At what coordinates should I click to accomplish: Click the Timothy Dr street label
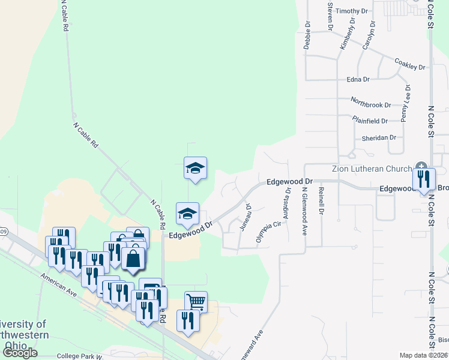(x=351, y=11)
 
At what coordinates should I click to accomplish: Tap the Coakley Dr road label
(x=409, y=64)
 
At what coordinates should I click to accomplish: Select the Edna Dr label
(x=358, y=79)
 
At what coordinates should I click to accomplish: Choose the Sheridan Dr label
(x=379, y=137)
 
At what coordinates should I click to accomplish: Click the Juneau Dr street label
(x=244, y=217)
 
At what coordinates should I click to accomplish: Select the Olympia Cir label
(x=268, y=232)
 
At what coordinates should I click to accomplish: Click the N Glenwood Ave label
(x=304, y=211)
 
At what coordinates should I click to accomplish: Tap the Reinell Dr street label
(x=322, y=200)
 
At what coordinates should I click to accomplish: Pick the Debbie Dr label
(x=307, y=35)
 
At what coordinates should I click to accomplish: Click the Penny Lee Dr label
(x=406, y=104)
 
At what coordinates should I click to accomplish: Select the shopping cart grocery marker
(x=196, y=301)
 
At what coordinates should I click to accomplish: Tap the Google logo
(x=20, y=353)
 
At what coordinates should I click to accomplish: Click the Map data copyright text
(x=423, y=355)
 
